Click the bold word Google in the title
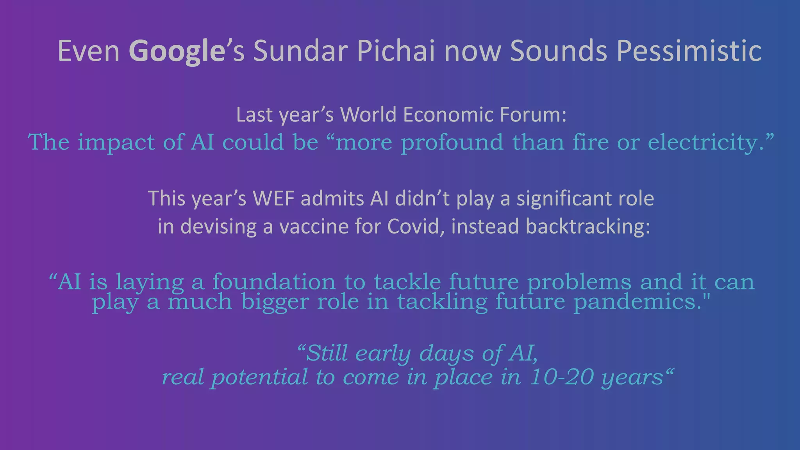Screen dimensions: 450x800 [177, 51]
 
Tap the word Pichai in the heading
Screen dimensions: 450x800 [396, 51]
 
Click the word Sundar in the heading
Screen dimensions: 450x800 [300, 51]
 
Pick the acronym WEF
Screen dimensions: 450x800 [273, 198]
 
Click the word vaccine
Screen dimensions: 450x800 [314, 227]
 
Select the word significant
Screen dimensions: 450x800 [558, 198]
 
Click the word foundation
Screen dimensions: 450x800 [274, 282]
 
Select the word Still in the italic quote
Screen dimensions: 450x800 [327, 353]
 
